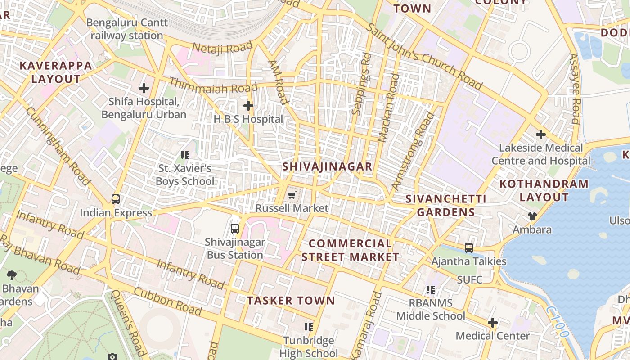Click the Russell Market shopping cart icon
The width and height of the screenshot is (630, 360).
(x=292, y=195)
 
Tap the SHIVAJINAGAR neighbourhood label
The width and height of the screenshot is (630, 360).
(x=327, y=166)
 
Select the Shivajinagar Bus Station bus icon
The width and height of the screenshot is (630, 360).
(x=235, y=228)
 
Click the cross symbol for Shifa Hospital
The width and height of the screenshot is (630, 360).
(x=144, y=88)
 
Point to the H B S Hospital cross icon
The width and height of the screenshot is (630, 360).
(x=248, y=106)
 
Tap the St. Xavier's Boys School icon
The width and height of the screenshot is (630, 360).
(x=184, y=155)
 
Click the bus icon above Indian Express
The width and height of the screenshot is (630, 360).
(x=116, y=199)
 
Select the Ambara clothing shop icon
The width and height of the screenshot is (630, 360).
(x=532, y=216)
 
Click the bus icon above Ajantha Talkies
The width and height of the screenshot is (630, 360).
(x=469, y=247)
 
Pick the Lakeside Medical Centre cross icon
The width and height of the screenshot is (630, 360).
(x=541, y=134)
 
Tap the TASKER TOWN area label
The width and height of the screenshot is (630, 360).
(x=291, y=301)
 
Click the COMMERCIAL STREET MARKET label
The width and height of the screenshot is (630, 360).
(x=350, y=250)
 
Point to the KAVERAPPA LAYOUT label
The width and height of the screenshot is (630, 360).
(x=56, y=72)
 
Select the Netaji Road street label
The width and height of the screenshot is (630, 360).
(x=222, y=47)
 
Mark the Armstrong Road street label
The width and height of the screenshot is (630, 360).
(x=414, y=151)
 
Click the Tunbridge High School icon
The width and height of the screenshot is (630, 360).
(x=308, y=327)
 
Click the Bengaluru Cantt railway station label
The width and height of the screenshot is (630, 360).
(x=127, y=29)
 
